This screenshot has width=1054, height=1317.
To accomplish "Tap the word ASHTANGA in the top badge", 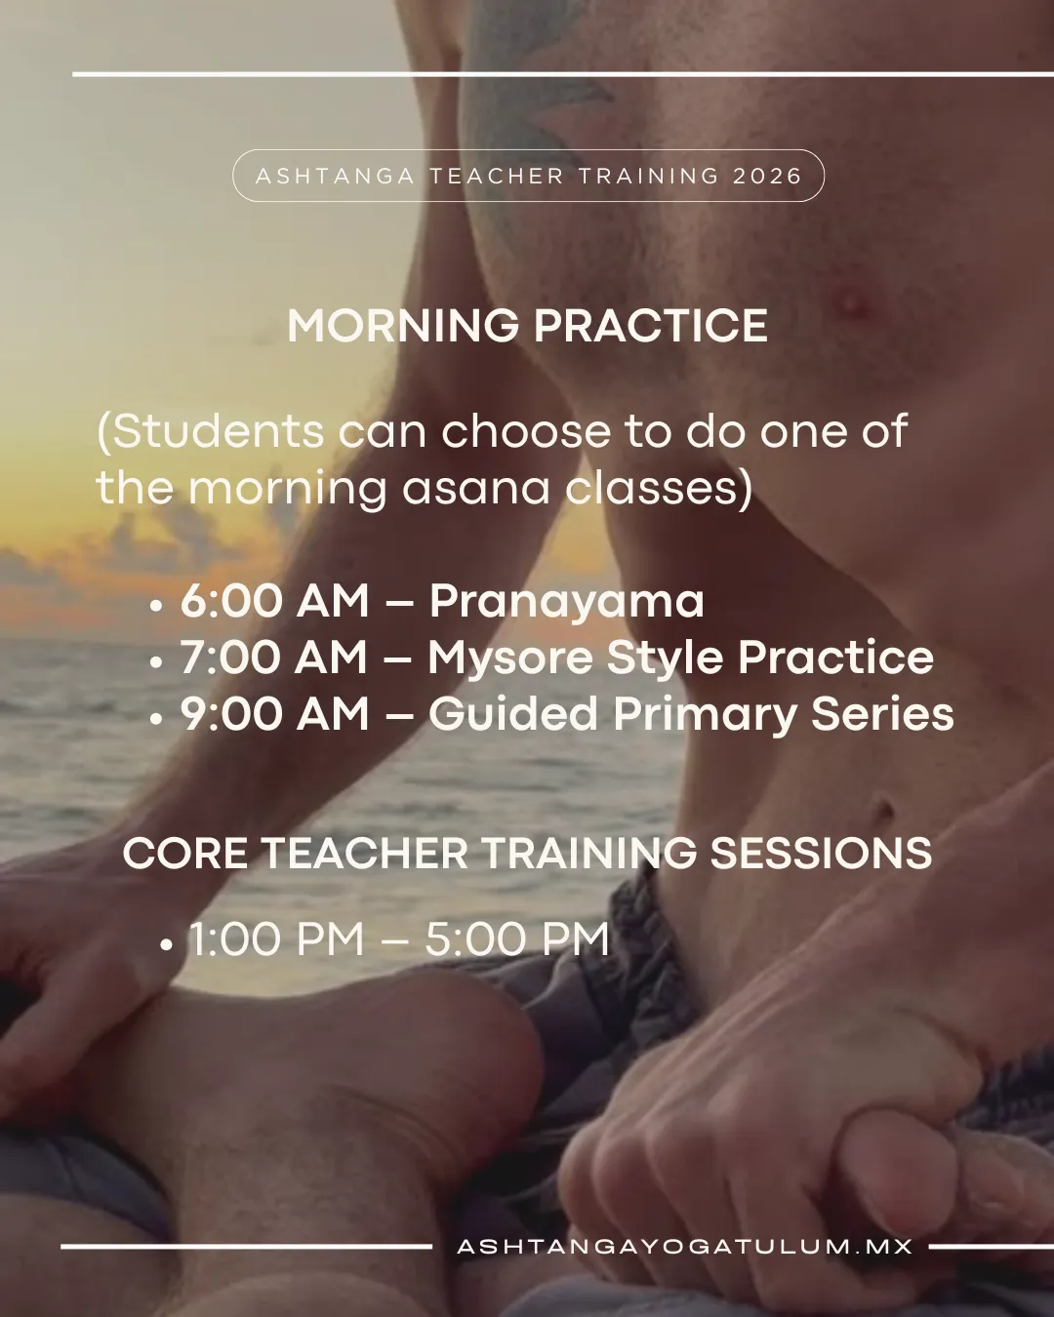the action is pos(335,177).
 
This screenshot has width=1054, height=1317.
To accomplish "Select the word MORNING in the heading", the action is pos(403,326).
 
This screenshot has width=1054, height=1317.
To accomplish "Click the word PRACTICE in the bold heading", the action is pos(651,326).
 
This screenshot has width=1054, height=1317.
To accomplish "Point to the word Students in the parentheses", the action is pos(211,432).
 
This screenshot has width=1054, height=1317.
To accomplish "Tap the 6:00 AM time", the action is pos(275,601).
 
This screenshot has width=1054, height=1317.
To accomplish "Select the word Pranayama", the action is pos(566,602).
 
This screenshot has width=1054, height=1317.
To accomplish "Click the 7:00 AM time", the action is pos(274,658).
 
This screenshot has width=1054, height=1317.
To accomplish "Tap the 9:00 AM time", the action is pos(275,714).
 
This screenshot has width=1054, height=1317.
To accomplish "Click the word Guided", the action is pos(513,714).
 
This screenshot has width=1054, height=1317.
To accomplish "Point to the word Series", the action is pos(882,714).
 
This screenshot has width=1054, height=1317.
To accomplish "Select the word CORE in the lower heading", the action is pos(185,853).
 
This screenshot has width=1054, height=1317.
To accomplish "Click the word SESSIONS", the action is pos(821,853).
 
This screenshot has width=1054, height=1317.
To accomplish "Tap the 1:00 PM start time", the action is pos(276,938).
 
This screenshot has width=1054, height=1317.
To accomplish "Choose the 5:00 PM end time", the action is pos(517,938).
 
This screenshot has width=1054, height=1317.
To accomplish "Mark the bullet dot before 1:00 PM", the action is pos(165,945).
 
